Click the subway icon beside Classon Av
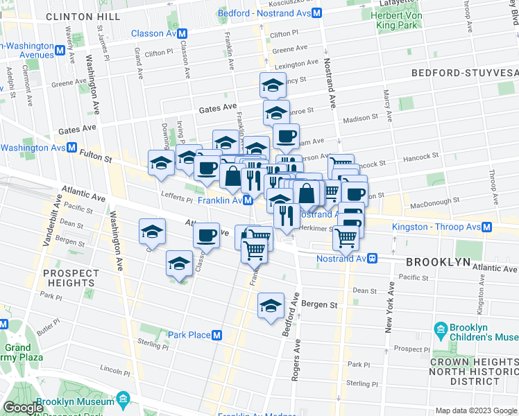click(x=183, y=33)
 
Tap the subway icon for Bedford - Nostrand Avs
click(x=316, y=13)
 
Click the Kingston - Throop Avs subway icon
click(x=487, y=227)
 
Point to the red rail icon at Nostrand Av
click(x=373, y=259)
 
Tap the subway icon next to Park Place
click(x=217, y=335)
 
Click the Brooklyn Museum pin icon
click(x=123, y=401)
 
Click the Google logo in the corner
click(x=23, y=408)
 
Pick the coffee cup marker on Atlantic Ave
click(x=206, y=236)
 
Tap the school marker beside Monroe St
click(x=276, y=113)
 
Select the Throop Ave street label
click(x=491, y=184)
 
